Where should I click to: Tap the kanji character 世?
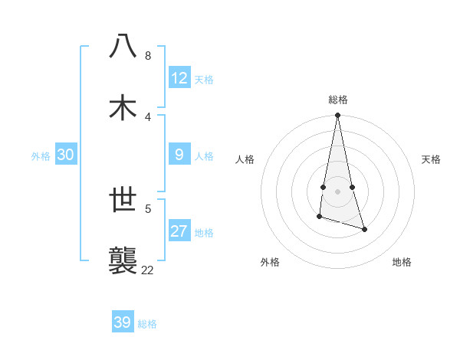[123, 201]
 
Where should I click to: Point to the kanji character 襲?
[123, 260]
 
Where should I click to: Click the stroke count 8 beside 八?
[148, 56]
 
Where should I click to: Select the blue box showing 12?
[179, 78]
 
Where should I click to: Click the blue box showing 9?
[179, 155]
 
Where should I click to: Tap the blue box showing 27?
[179, 231]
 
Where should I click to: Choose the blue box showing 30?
[66, 155]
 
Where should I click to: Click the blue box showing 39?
[123, 322]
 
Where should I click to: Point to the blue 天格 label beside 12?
[204, 80]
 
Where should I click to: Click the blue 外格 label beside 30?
[41, 156]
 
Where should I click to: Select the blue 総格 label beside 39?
[147, 324]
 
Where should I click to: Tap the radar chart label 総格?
[338, 100]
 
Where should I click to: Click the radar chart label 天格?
[431, 159]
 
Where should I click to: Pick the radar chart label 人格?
[245, 159]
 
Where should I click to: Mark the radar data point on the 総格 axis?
[337, 116]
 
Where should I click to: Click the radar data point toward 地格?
[364, 229]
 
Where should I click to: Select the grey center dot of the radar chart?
[337, 191]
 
